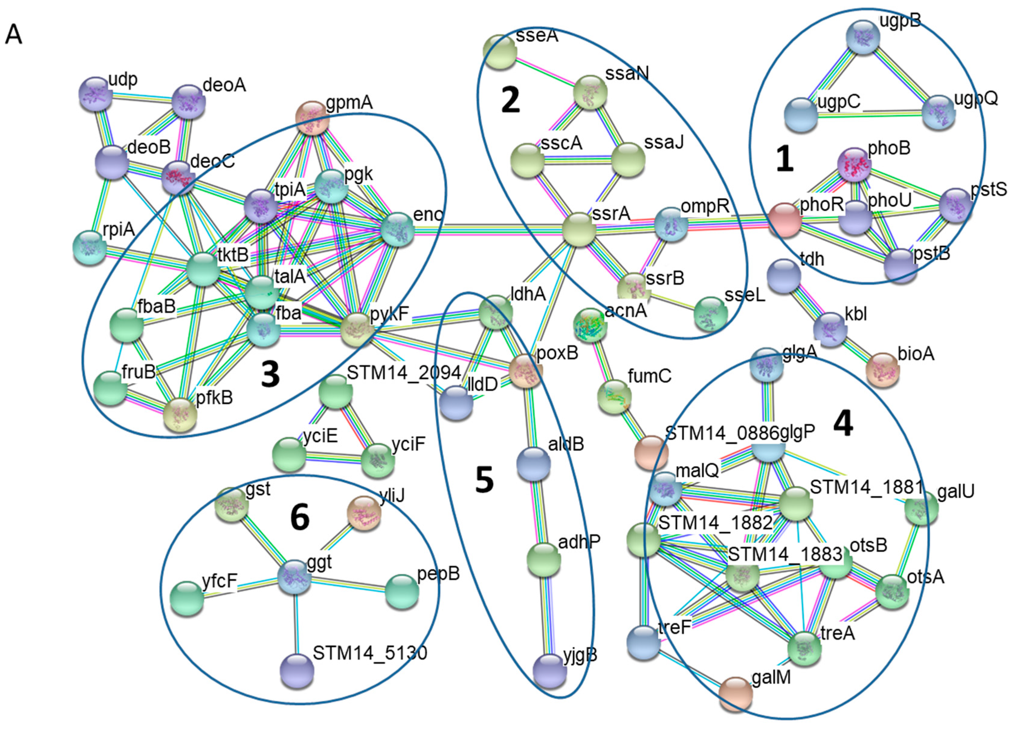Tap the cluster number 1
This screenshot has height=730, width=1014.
click(785, 160)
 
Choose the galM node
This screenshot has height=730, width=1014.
click(736, 694)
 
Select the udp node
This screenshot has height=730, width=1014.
click(95, 94)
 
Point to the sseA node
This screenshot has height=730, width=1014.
click(500, 52)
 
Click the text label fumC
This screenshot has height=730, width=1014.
click(649, 376)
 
